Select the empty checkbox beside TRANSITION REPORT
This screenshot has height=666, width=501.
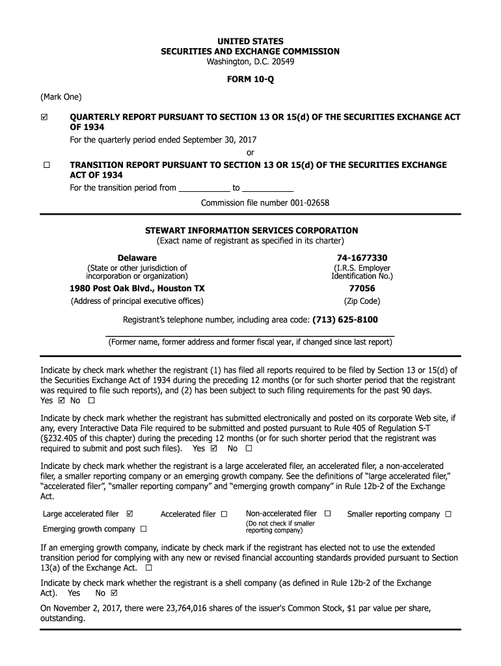coord(46,165)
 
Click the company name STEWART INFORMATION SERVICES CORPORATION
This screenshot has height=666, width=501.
coord(251,230)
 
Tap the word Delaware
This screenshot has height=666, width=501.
coord(137,258)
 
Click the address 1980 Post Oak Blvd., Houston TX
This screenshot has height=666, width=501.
coord(137,288)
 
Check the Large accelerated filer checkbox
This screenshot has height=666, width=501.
coord(130,514)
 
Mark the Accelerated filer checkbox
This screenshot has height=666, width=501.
coord(224,514)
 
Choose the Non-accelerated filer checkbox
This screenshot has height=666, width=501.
coord(327,514)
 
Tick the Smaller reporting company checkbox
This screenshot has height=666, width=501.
coord(448,514)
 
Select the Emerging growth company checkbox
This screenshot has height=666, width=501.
coord(143,529)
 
